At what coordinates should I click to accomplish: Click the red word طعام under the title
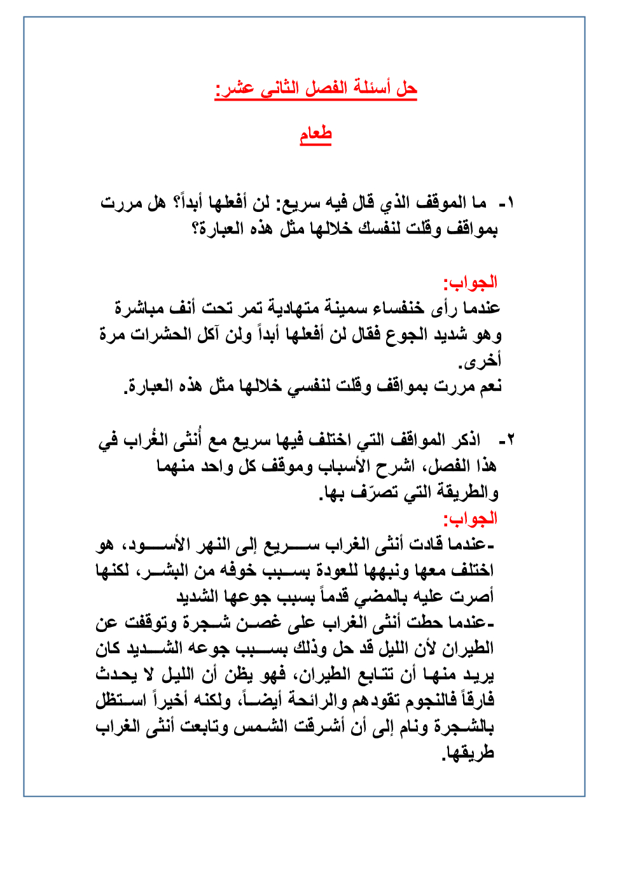coord(315,134)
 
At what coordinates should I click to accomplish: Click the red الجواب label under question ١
coord(470,282)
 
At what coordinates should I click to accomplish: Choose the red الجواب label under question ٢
coord(470,519)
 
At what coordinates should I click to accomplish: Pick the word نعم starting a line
coord(489,386)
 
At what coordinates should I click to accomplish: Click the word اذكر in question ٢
coord(465,440)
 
